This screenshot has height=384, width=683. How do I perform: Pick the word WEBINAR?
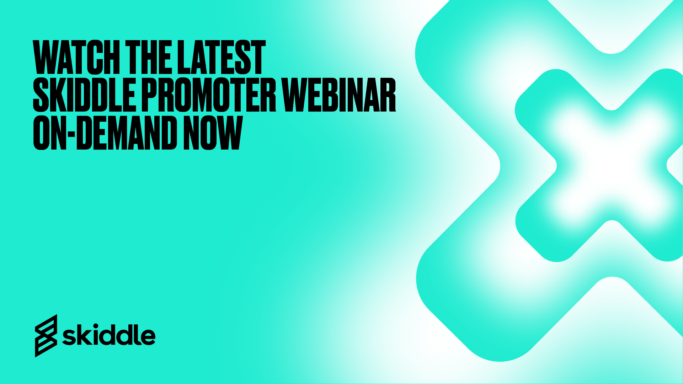tap(339, 95)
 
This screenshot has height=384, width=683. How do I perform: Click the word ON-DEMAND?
tap(105, 132)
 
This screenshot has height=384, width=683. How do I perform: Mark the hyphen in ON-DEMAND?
tap(71, 135)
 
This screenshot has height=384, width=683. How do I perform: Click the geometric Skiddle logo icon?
tap(46, 336)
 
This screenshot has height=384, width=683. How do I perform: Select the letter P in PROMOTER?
tap(150, 95)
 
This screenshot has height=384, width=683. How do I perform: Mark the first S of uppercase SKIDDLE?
tap(41, 95)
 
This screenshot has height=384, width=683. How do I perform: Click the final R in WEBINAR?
tap(387, 95)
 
